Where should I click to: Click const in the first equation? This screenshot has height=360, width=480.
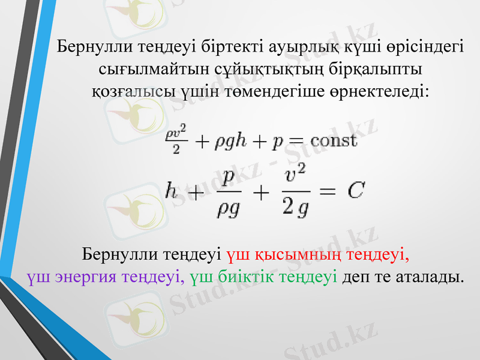point(332,141)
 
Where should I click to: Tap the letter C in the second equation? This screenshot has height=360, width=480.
point(356,191)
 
